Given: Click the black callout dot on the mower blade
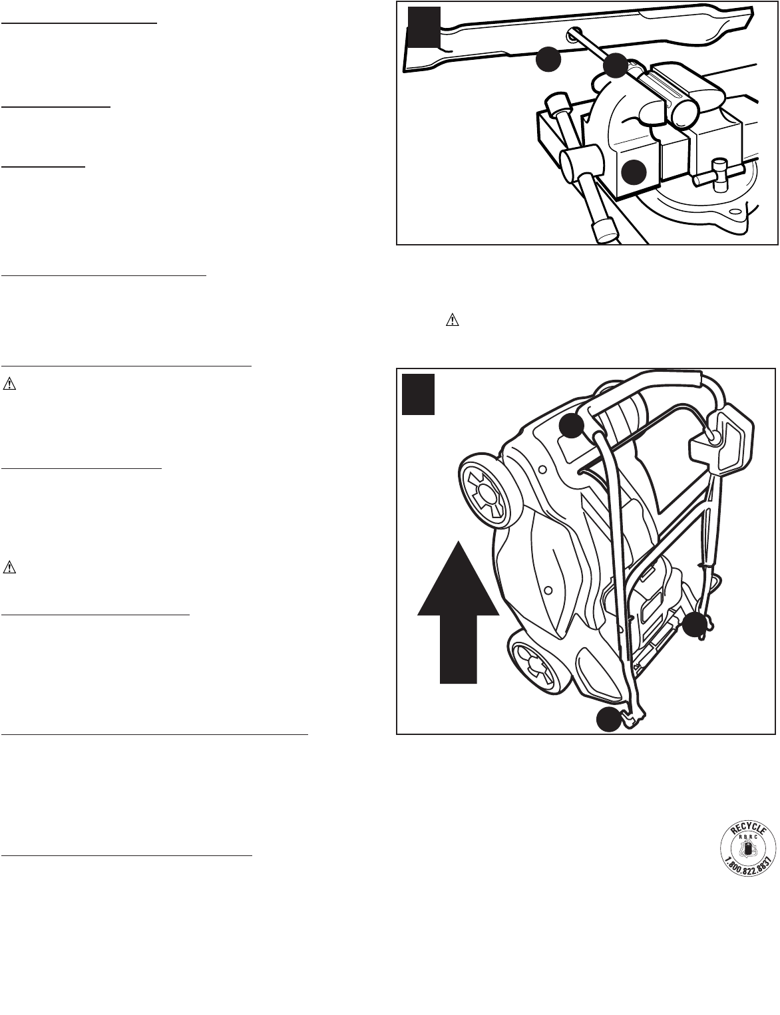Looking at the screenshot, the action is (548, 60).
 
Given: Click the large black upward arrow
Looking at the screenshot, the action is (459, 611).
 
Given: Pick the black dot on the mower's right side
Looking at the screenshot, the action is (695, 625).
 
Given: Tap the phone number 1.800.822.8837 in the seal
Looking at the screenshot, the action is (749, 865).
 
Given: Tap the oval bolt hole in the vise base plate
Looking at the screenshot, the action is (734, 214).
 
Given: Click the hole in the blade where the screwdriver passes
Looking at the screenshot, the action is (572, 35).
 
